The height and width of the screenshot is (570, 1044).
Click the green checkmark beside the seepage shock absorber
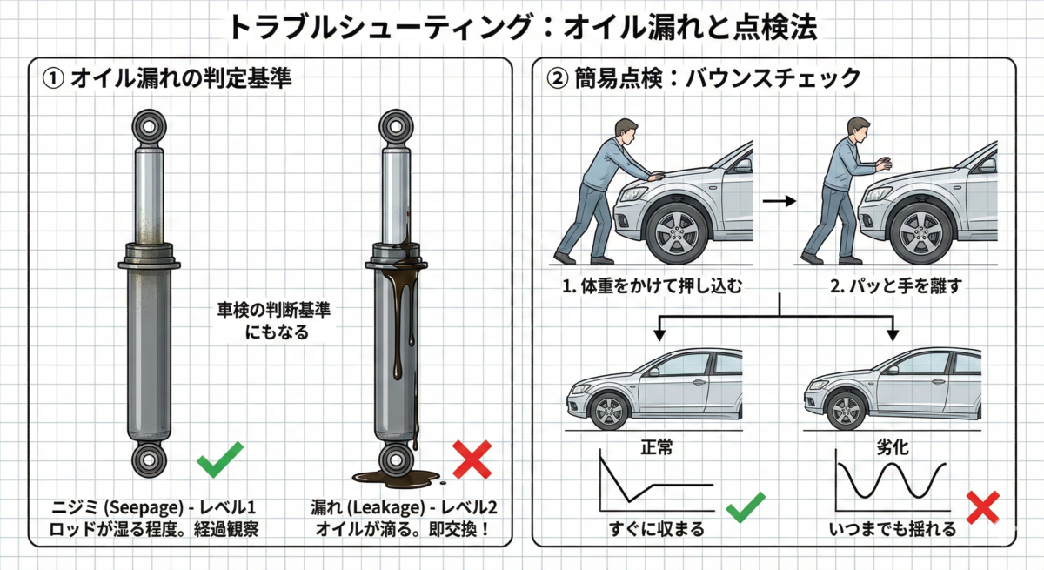click(219, 460)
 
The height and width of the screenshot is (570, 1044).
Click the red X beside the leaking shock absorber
click(472, 459)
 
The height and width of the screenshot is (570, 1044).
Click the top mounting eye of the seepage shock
click(149, 126)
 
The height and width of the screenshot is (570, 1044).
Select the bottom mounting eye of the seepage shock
click(149, 460)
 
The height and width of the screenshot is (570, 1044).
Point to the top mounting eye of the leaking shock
click(396, 126)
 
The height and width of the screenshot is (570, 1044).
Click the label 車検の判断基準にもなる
click(275, 321)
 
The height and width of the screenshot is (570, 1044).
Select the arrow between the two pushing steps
click(779, 201)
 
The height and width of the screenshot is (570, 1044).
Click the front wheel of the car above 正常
click(610, 410)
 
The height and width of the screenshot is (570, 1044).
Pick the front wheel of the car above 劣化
click(846, 410)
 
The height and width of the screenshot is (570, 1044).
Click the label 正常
click(657, 447)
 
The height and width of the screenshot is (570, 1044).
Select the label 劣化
click(893, 447)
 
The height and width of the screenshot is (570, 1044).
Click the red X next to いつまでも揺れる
click(983, 507)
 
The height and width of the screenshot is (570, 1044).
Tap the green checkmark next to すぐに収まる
click(746, 506)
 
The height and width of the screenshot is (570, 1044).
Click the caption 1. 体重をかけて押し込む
click(652, 285)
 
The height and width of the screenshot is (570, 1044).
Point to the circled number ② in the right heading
click(557, 78)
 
